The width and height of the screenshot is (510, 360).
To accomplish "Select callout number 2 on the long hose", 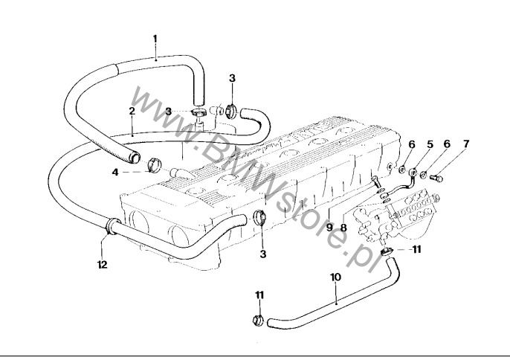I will click(132, 111).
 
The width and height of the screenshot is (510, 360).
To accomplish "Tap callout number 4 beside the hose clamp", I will click(115, 173).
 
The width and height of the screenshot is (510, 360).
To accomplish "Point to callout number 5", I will click(430, 143).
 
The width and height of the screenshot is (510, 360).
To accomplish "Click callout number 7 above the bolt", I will click(466, 143).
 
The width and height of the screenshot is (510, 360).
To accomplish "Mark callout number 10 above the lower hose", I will click(335, 277).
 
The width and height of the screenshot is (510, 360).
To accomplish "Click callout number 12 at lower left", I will click(101, 263).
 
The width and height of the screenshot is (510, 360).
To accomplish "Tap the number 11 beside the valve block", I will click(417, 249).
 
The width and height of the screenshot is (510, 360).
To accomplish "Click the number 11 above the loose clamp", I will click(259, 295).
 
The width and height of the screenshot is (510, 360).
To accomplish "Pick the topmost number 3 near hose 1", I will click(232, 77).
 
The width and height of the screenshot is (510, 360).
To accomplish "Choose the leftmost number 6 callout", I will click(412, 143).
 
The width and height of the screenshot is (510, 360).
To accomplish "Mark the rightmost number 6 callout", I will click(446, 143).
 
